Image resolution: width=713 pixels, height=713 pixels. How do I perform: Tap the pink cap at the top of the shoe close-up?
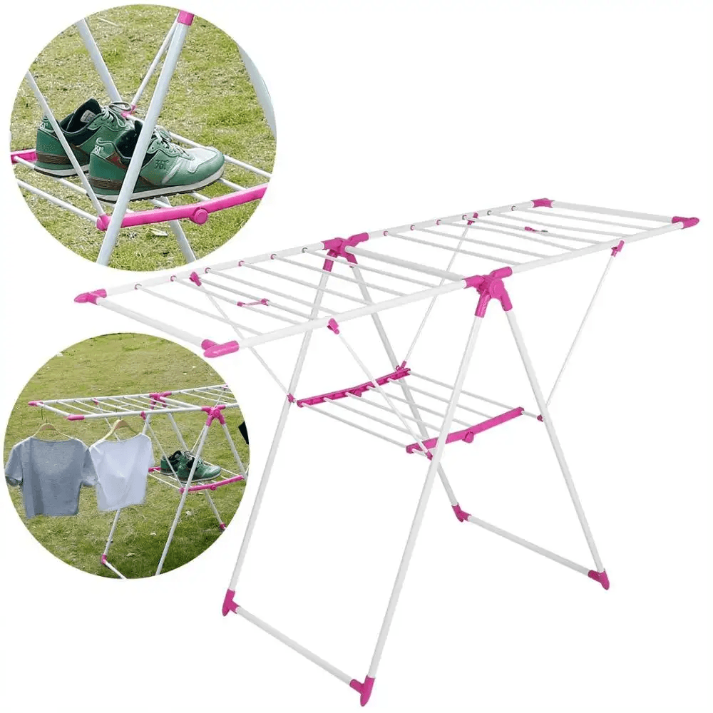click(185, 17)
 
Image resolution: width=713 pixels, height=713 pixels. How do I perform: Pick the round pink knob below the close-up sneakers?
click(200, 215)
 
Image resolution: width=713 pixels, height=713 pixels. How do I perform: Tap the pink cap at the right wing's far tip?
click(687, 222)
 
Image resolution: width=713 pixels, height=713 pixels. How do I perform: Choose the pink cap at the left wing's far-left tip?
click(90, 295)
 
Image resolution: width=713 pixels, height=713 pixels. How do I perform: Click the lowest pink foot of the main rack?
click(361, 689)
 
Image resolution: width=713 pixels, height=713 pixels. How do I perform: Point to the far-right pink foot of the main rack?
click(600, 578)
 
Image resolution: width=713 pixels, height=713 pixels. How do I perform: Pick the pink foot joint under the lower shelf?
click(461, 512)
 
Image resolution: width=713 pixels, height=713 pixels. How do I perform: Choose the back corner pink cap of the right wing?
click(542, 203)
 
